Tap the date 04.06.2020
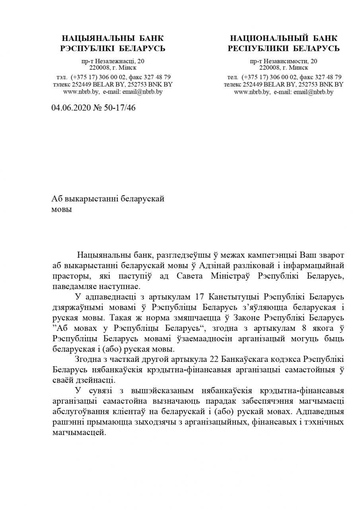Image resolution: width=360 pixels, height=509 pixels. tap(68, 107)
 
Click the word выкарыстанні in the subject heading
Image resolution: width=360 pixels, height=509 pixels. tap(91, 199)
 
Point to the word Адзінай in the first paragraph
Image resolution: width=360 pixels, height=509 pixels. tap(213, 265)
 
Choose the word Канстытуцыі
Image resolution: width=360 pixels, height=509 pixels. tap(231, 297)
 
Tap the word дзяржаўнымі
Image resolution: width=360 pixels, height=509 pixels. tap(79, 307)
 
